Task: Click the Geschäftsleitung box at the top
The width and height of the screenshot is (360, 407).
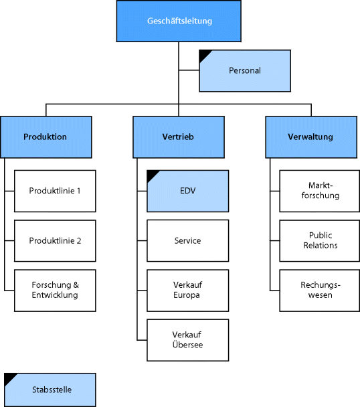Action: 179,21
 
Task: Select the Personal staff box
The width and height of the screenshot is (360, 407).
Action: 245,70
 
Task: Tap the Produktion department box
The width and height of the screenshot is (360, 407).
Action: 45,137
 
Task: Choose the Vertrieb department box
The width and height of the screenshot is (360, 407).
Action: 178,137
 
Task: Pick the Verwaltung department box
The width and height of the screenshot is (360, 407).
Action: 310,137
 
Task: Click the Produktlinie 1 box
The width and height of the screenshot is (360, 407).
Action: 55,191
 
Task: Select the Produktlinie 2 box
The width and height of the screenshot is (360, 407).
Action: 55,240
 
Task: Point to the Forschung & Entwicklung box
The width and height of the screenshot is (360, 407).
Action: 55,291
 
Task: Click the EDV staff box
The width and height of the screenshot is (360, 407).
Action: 187,191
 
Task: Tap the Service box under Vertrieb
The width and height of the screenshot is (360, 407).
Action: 187,240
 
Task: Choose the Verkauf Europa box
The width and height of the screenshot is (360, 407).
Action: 187,291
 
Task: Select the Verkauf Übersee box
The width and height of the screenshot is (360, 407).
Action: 187,340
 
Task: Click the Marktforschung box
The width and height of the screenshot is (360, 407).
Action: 321,191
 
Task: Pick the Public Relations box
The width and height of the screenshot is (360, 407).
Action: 321,240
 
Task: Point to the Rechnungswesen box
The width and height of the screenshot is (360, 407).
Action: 321,291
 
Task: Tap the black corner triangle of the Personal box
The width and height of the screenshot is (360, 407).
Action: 203,54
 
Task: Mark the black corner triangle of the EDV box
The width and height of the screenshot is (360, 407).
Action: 151,174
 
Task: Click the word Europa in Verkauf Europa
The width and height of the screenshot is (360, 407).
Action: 187,295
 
